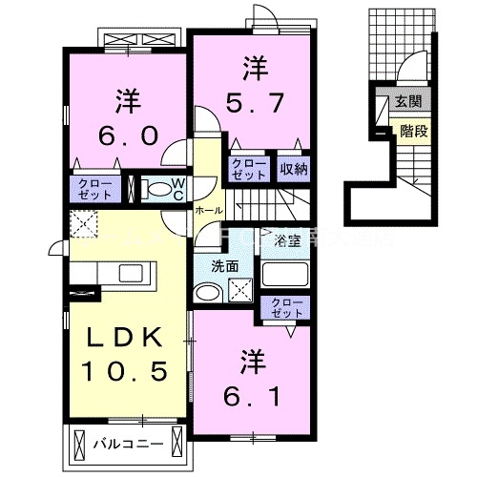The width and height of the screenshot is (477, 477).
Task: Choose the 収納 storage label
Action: (293, 169)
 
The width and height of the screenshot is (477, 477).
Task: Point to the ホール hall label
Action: (209, 210)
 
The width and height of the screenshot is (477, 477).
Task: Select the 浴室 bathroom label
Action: (287, 240)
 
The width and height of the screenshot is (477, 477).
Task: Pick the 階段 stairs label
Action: (413, 133)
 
